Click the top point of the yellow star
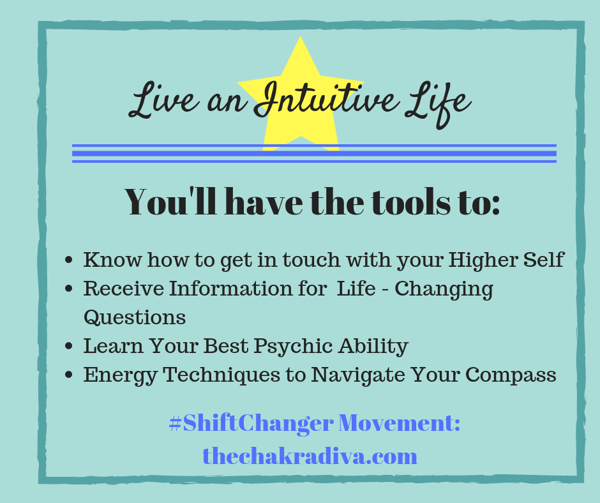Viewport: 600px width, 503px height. tap(301, 37)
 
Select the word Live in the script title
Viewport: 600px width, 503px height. tap(164, 100)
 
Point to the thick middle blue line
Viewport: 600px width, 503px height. tap(314, 153)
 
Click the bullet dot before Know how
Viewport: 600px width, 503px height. tap(69, 260)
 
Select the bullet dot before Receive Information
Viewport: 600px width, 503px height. tap(69, 289)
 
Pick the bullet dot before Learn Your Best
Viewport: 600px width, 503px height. tap(69, 346)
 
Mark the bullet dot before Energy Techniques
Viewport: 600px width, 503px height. tap(69, 375)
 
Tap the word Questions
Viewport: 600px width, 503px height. tap(135, 317)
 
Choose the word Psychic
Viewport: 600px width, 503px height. tap(293, 347)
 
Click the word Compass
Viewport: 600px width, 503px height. tap(511, 375)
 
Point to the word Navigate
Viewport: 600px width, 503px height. tap(358, 375)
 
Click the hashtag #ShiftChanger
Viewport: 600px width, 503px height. tap(251, 423)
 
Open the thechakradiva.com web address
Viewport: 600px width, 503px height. tap(310, 456)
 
